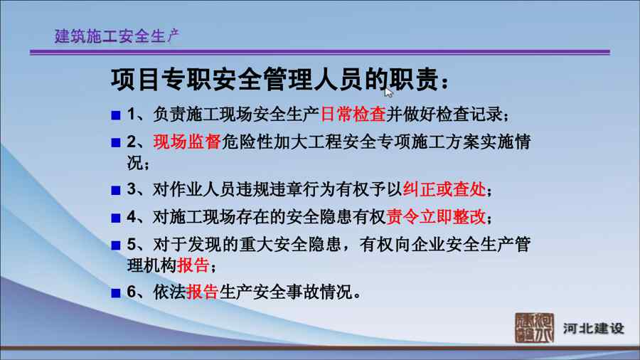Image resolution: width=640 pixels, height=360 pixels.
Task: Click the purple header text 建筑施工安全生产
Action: coord(117,36)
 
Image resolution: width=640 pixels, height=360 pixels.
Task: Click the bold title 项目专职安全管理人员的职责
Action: coord(274,79)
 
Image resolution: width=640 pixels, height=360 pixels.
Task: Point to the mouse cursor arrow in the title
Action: coord(388,92)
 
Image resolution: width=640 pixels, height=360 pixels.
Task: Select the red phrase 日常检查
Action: coord(353,115)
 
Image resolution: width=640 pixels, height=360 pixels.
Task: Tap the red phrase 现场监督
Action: coord(187,142)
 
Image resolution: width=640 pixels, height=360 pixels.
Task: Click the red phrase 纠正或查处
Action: coord(444,189)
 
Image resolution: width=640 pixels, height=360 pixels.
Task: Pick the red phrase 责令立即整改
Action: coord(435,217)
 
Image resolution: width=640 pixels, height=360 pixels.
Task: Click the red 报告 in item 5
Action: coord(193,265)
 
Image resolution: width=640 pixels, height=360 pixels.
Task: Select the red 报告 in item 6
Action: coord(202,292)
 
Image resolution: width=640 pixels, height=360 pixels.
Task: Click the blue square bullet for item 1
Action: coord(116,115)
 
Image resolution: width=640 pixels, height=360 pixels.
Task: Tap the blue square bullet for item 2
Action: coord(116,142)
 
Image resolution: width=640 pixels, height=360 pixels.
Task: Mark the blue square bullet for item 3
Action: coord(116,190)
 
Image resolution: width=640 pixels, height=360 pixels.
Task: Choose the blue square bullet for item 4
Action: coord(116,218)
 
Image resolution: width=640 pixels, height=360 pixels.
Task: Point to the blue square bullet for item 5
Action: coord(116,245)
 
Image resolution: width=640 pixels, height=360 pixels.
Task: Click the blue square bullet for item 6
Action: coord(116,292)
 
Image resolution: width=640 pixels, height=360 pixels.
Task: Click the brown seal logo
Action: coord(534,328)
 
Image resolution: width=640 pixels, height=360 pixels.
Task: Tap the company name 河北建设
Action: coord(594,328)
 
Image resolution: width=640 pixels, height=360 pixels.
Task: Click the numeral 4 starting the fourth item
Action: coord(132,217)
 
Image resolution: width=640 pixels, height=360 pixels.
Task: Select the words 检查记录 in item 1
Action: coord(469,115)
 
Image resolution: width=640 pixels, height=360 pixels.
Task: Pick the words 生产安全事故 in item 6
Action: coord(269,292)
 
